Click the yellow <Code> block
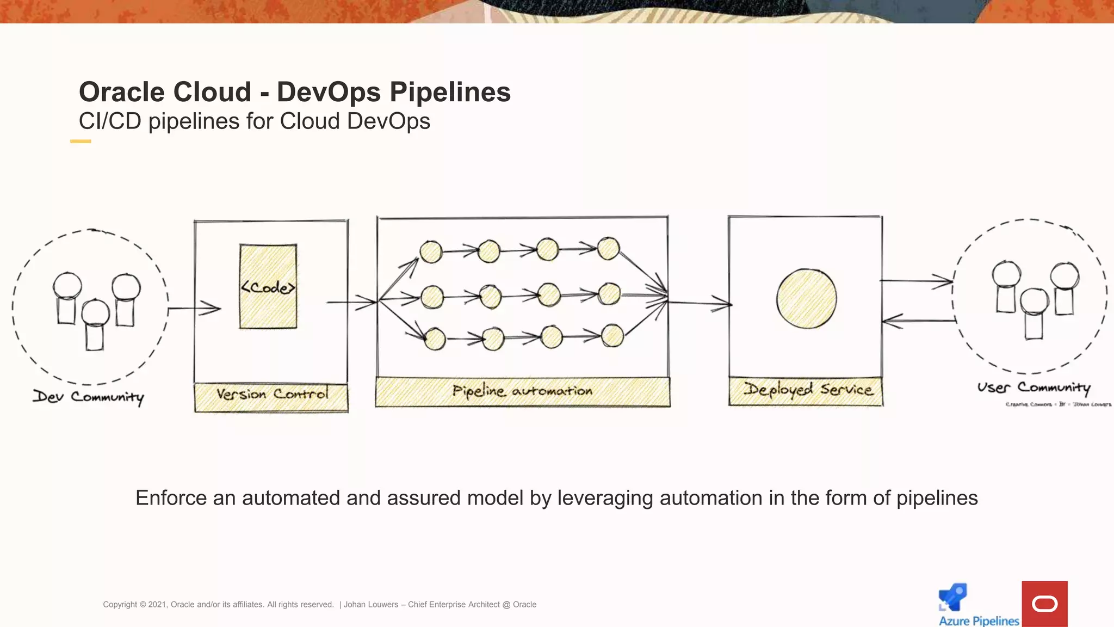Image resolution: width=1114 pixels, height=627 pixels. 268,286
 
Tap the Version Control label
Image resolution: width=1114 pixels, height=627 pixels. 272,394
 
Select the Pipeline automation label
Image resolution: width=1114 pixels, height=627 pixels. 522,391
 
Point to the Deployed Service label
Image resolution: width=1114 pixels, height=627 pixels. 808,390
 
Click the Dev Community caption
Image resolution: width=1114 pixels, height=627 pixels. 89,397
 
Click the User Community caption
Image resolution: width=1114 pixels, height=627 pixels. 1033,388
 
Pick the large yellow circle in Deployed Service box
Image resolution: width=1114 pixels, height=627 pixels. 806,299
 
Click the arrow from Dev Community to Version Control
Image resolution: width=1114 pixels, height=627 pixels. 194,309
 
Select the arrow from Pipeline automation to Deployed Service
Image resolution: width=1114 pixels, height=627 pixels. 701,303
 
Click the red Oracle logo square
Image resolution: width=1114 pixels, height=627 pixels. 1044,604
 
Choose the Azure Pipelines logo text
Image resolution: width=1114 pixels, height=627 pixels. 979,620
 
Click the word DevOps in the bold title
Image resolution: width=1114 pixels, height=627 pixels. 329,92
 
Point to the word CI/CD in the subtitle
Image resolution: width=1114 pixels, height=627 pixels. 110,121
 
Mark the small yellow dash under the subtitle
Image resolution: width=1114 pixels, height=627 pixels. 81,142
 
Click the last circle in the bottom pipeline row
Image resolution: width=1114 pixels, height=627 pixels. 612,336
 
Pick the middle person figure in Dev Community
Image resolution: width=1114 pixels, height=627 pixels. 95,324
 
